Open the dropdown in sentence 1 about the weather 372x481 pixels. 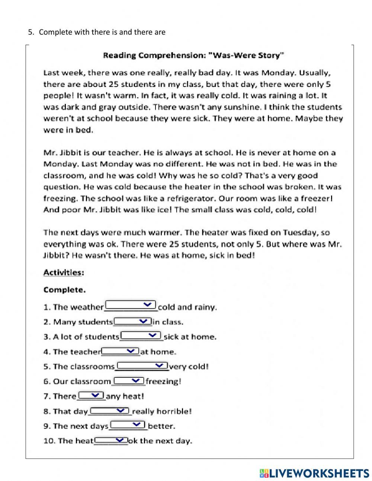[x=131, y=306]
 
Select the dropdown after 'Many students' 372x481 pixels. [x=132, y=321]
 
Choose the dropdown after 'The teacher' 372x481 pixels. [x=120, y=351]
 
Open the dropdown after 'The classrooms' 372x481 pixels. [x=142, y=366]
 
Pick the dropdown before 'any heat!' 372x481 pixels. [x=91, y=395]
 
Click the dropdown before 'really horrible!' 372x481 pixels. [x=110, y=411]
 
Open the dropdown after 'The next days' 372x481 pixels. [x=128, y=425]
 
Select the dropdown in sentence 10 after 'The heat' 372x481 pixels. [x=110, y=440]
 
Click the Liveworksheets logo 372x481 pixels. [x=314, y=473]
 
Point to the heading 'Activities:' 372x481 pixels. [x=64, y=273]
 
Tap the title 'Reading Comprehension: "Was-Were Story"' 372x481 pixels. [x=193, y=56]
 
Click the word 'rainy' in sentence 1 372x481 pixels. [x=206, y=307]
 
